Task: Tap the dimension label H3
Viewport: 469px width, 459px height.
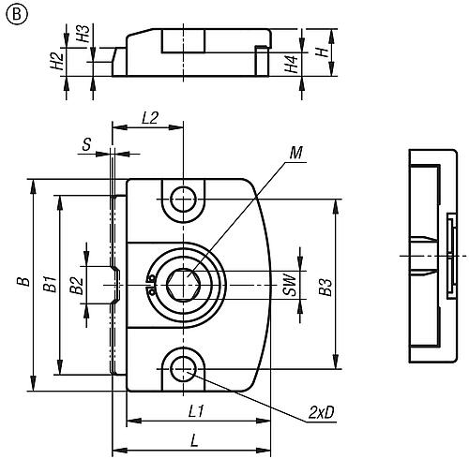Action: point(84,38)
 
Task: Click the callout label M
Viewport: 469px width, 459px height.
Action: point(296,152)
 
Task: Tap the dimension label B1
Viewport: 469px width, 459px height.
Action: point(53,282)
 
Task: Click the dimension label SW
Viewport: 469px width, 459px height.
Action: point(292,282)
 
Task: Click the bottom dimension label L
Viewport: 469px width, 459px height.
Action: point(192,438)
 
